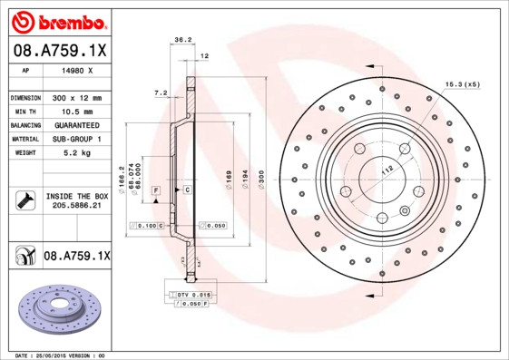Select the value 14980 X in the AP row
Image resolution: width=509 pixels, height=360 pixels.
pos(76,70)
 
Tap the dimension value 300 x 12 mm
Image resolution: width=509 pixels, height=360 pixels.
pos(76,97)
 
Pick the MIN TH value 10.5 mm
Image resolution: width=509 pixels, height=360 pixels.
pos(76,111)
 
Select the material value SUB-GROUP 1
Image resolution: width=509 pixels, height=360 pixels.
pos(76,139)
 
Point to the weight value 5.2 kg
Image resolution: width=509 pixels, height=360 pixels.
pos(76,152)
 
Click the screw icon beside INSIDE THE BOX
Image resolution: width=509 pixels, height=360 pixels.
pos(24,200)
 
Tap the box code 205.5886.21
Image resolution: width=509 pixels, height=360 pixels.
pos(76,207)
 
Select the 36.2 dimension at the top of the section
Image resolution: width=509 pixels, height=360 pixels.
pos(181,40)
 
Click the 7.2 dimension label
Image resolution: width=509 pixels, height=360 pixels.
pos(161,92)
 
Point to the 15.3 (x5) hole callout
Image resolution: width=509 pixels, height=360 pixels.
pos(461,84)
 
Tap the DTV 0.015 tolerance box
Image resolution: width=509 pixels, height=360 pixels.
pos(193,296)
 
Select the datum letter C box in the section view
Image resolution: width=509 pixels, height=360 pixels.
pos(186,190)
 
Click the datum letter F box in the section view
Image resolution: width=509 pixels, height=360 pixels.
pos(155,190)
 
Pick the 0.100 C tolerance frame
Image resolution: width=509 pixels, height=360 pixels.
pos(148,224)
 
